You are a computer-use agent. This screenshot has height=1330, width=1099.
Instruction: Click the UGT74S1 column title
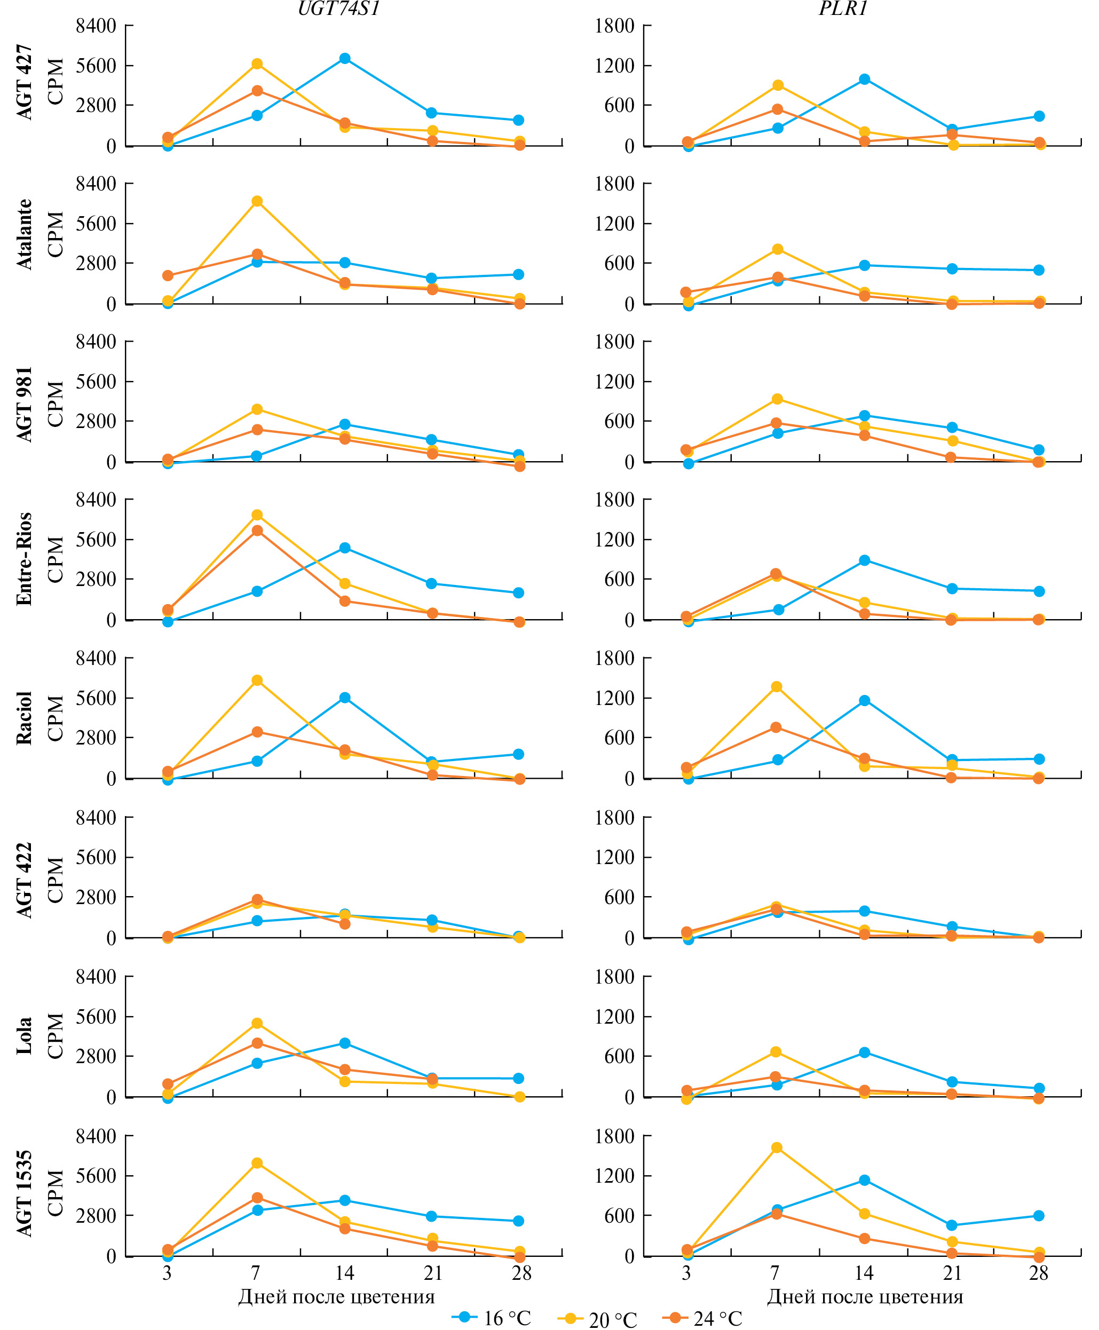pos(339,8)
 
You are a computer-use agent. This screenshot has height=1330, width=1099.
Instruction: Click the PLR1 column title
pos(843,8)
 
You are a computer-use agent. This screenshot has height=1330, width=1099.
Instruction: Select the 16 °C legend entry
pos(492,1318)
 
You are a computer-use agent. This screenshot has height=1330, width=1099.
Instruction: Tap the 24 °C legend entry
pos(703,1318)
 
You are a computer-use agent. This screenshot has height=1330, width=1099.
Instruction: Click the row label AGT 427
pos(24,82)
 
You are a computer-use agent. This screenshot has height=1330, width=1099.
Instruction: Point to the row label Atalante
pos(24,234)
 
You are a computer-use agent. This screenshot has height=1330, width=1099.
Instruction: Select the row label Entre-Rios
pos(24,559)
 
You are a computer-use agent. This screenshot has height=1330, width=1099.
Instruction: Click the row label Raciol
pos(24,718)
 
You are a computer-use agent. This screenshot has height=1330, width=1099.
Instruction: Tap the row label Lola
pos(24,1035)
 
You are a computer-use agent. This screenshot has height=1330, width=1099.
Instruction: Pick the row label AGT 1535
pos(24,1193)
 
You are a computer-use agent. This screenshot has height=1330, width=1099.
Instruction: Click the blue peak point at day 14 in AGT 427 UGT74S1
pos(345,58)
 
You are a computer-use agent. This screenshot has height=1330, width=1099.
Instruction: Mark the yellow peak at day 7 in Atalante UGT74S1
pos(257,201)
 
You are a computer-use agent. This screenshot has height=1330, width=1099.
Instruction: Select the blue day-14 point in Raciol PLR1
pos(864,701)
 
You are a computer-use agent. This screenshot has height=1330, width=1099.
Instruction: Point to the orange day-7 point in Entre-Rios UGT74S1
pos(257,531)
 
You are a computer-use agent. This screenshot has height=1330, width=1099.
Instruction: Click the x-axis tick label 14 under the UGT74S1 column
pos(344,1273)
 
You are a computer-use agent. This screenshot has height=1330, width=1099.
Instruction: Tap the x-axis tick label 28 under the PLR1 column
pos(1038,1273)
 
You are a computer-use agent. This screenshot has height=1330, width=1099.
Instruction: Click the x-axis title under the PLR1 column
pos(865,1297)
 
